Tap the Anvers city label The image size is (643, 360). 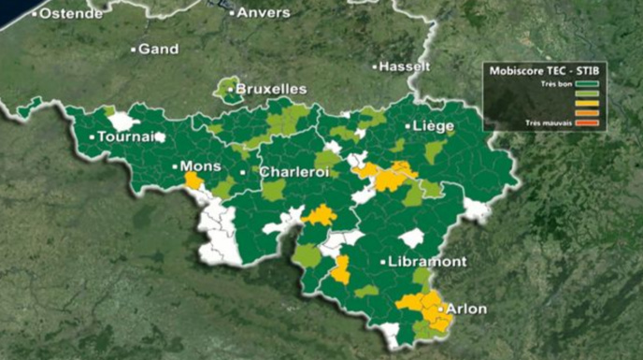click(264, 13)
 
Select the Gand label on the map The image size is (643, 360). click(158, 49)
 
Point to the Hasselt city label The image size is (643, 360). click(404, 66)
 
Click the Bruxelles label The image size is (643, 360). click(271, 89)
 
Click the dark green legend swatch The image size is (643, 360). click(589, 84)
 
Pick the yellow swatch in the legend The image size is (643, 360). click(589, 104)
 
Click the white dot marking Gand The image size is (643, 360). click(134, 49)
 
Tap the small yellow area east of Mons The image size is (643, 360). click(193, 180)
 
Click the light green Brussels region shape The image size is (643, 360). click(227, 91)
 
